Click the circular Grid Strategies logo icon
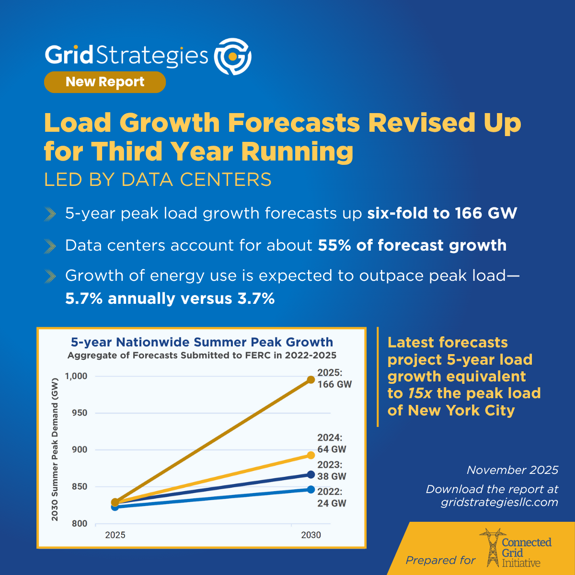(x=232, y=57)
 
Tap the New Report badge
(x=105, y=82)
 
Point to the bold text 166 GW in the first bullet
(x=486, y=213)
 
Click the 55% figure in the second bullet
(x=334, y=245)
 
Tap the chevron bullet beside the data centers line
(x=50, y=246)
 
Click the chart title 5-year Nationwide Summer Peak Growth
(x=202, y=342)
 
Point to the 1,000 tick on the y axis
(x=76, y=376)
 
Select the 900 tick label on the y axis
(x=80, y=449)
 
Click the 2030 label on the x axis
(x=311, y=535)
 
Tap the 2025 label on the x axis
(x=115, y=535)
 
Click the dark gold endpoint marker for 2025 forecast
(x=311, y=379)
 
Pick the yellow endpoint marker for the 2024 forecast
(x=311, y=455)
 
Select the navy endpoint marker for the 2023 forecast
(x=311, y=474)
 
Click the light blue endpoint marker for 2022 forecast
(x=311, y=489)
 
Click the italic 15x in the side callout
(x=420, y=393)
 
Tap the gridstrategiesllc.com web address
(x=499, y=502)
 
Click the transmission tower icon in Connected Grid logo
(x=493, y=548)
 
